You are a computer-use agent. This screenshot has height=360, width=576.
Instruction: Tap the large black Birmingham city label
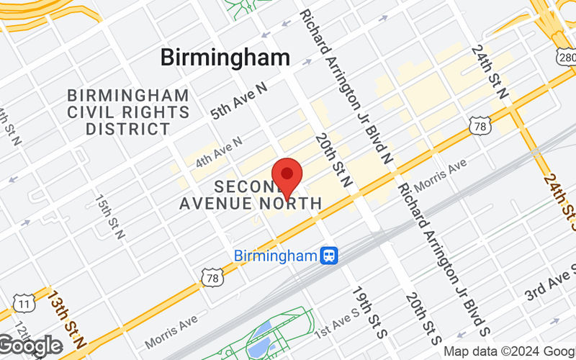pyautogui.click(x=225, y=58)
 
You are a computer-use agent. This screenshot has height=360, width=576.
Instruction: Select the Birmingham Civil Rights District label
pyautogui.click(x=128, y=112)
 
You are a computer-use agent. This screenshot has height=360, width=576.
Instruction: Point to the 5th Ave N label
pyautogui.click(x=238, y=99)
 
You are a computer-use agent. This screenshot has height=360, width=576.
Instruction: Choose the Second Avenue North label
pyautogui.click(x=251, y=194)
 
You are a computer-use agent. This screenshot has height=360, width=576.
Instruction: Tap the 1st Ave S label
pyautogui.click(x=337, y=325)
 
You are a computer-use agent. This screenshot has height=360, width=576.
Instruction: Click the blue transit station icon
pyautogui.click(x=330, y=255)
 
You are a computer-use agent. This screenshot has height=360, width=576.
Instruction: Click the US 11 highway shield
pyautogui.click(x=26, y=305)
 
